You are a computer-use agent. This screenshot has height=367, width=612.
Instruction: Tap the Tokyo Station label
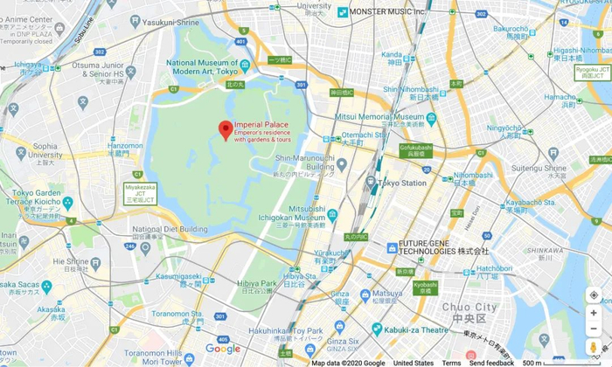click(404, 183)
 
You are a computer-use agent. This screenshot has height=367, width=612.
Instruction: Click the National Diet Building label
click(170, 230)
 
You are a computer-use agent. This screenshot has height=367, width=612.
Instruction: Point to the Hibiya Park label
click(256, 284)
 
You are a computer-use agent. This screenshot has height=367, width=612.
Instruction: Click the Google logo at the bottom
click(223, 349)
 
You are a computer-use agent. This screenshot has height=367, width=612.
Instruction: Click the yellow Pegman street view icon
click(594, 347)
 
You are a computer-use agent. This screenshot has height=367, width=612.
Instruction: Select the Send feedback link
click(491, 363)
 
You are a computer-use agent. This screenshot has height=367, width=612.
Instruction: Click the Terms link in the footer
click(451, 363)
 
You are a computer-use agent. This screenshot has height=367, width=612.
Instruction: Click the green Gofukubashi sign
click(416, 150)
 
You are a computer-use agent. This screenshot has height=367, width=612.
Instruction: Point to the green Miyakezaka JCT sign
click(140, 192)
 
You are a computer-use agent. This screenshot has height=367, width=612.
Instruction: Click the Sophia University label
click(45, 150)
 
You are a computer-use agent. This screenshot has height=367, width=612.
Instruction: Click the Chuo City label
click(469, 308)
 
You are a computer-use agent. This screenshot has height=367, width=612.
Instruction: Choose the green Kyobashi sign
click(425, 287)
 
